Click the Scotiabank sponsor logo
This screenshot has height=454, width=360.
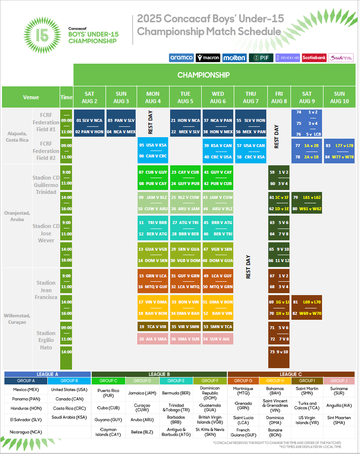tap(314, 58)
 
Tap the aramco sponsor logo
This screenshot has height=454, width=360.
tap(181, 58)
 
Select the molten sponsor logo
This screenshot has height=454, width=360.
tap(234, 58)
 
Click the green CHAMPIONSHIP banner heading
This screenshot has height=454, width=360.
tap(204, 75)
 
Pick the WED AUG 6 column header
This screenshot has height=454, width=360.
tap(217, 97)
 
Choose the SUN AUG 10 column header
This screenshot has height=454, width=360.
tap(339, 97)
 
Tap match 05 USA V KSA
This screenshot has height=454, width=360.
tap(153, 146)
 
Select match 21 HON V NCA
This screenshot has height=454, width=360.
tap(185, 120)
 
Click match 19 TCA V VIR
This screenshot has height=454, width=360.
tap(153, 326)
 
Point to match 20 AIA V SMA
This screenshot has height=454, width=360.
tap(153, 339)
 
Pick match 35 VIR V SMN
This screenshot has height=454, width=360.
tap(185, 326)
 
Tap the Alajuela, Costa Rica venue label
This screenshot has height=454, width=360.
tap(17, 136)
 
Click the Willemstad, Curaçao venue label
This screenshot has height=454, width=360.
tap(17, 319)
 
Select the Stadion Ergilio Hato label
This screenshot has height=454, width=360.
tap(46, 340)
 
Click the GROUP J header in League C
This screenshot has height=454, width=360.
tap(338, 380)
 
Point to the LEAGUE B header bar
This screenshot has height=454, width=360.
tap(159, 374)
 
